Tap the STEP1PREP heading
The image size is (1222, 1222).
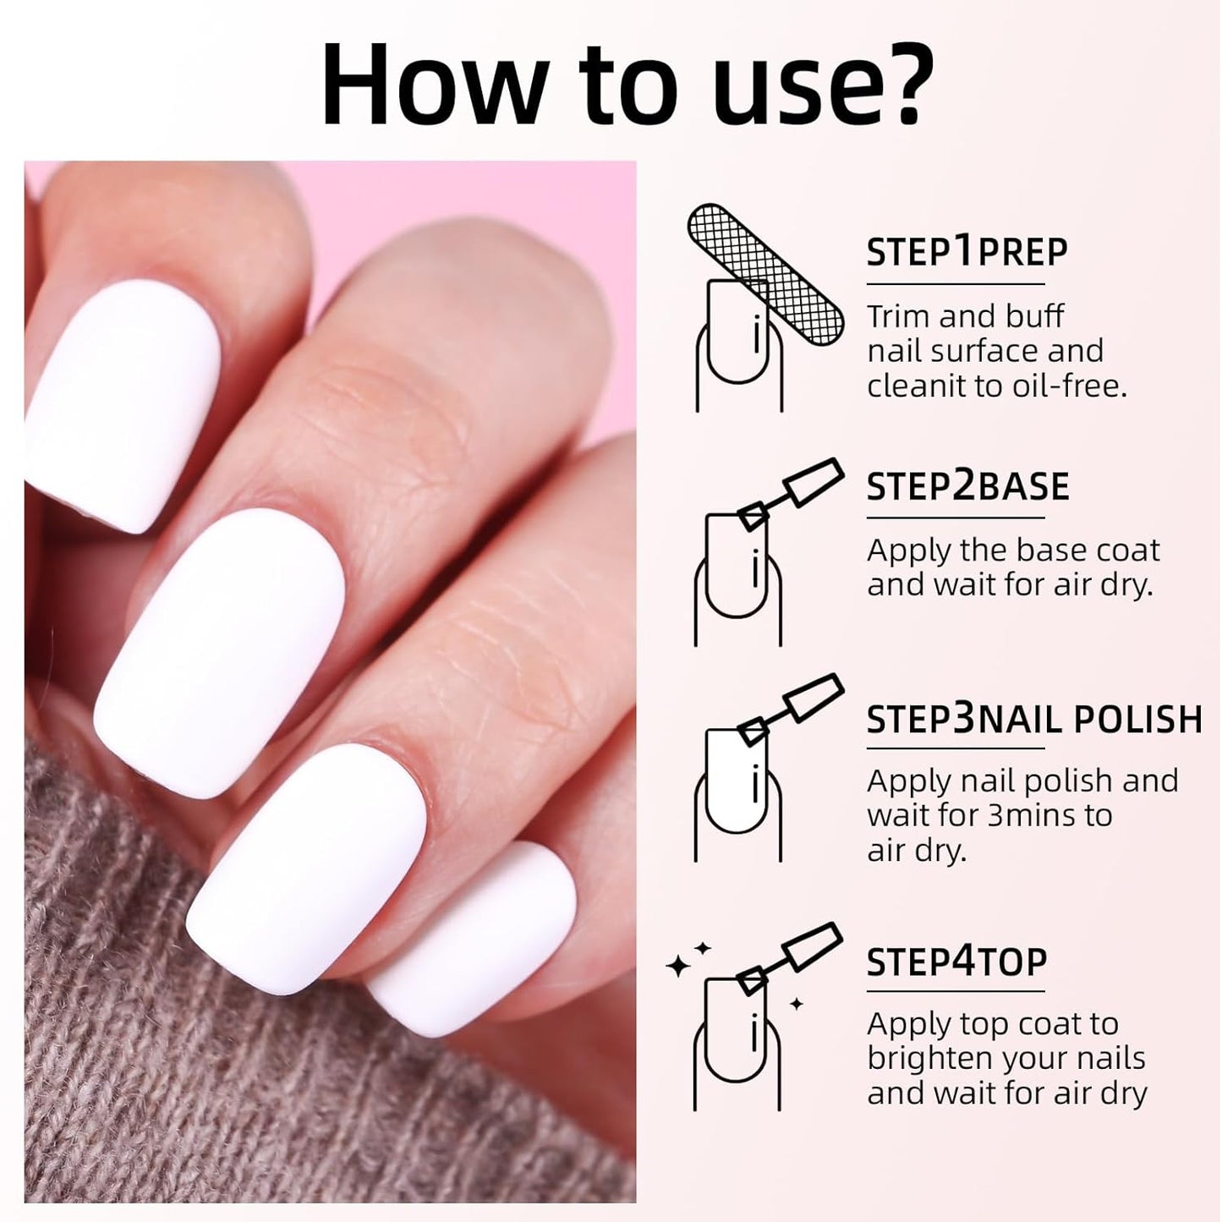point(967,252)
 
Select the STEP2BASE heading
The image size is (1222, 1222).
point(967,487)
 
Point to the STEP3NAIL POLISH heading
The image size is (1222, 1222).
point(1033,720)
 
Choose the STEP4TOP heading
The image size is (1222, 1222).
point(956,962)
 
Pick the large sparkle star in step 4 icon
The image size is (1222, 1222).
point(678,966)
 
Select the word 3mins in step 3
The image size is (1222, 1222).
point(1034,815)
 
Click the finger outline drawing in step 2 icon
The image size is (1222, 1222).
point(738,584)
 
